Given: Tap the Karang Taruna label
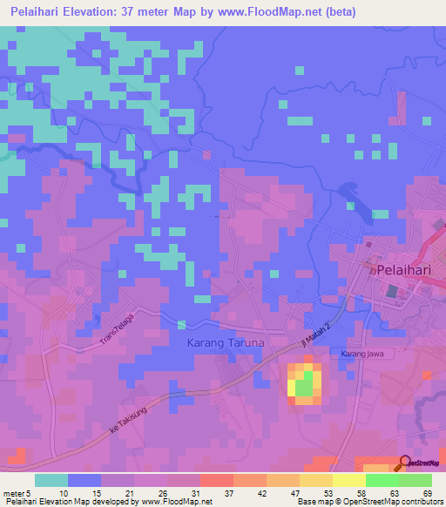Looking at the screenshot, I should pos(226,343).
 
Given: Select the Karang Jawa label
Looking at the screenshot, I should pos(363,355).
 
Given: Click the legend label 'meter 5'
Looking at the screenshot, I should pos(17,492).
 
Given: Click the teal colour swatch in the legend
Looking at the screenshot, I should pos(51,480).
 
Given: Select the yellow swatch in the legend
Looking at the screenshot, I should pos(348,480).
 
